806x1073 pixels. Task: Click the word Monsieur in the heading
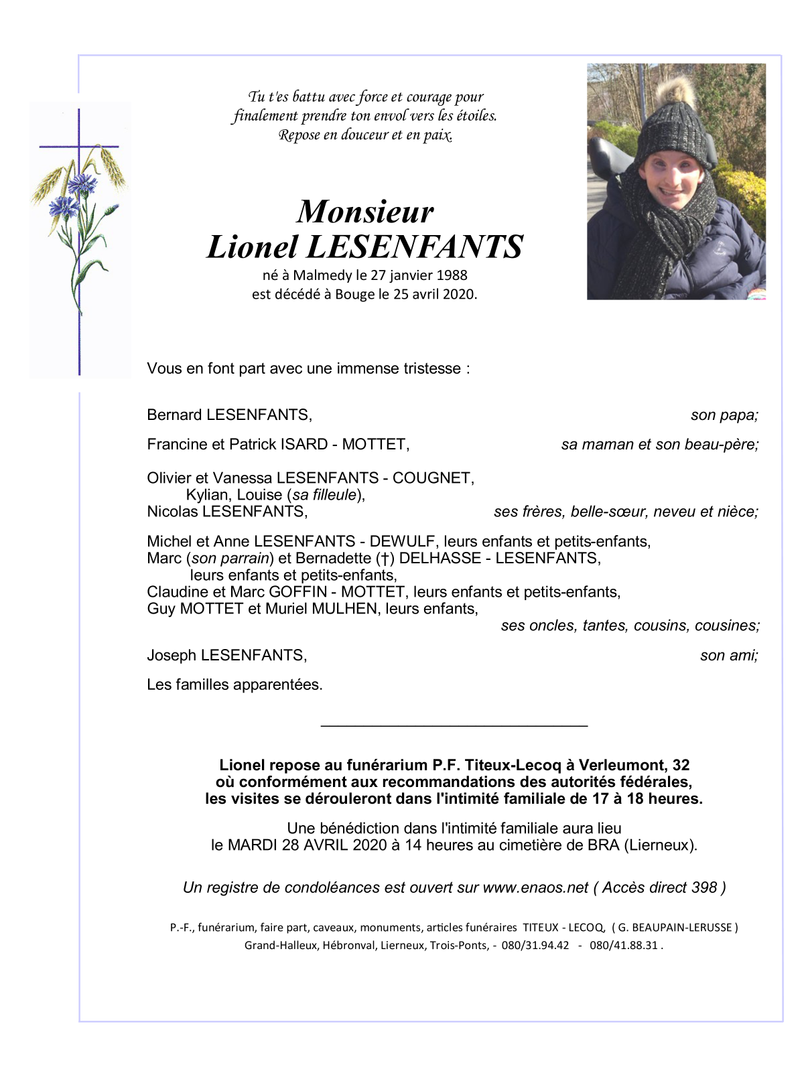pyautogui.click(x=365, y=212)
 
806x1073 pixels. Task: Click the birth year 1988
pyautogui.click(x=452, y=275)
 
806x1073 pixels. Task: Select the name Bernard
pyautogui.click(x=174, y=415)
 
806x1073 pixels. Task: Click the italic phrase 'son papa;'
pyautogui.click(x=724, y=415)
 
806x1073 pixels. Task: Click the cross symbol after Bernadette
pyautogui.click(x=385, y=559)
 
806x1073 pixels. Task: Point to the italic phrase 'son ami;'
pyautogui.click(x=729, y=656)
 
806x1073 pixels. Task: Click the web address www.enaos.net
pyautogui.click(x=535, y=888)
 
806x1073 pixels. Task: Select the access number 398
pyautogui.click(x=703, y=888)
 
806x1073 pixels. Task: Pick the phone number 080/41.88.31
pyautogui.click(x=623, y=946)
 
